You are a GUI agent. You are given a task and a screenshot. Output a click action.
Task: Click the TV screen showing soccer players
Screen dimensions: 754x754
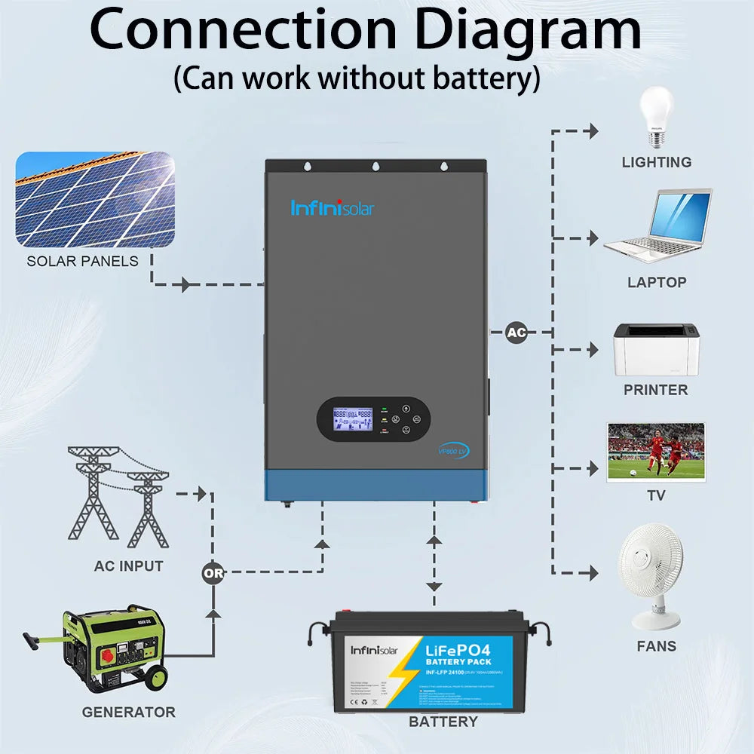[656, 452]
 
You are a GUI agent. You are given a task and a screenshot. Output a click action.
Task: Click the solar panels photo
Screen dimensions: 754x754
[95, 199]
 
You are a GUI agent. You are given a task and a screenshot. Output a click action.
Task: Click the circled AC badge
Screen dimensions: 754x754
[516, 332]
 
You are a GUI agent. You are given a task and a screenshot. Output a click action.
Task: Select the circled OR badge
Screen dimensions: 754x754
[213, 573]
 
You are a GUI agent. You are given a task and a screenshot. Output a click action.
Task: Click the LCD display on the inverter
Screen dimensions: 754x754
[354, 419]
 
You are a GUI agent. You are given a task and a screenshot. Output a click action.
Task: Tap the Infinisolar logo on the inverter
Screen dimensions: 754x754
[332, 207]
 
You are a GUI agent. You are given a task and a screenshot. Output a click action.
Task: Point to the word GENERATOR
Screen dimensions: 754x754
[128, 712]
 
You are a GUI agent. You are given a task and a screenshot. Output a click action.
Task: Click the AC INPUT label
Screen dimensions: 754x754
[128, 565]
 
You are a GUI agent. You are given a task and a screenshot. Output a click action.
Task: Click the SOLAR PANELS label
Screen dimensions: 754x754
[83, 261]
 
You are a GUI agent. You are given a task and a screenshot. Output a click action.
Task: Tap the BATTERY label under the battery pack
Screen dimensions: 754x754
[443, 722]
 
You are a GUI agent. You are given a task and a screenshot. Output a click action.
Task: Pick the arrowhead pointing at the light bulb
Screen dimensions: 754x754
[593, 131]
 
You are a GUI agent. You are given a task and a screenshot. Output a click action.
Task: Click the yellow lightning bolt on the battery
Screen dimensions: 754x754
[408, 667]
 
